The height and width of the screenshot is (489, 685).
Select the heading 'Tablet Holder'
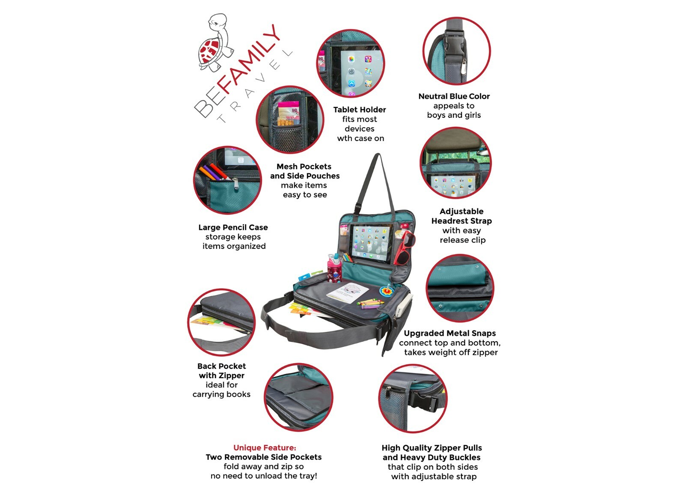click(360, 110)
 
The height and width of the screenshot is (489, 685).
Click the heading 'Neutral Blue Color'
click(454, 96)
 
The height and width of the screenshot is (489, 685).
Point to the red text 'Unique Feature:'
click(265, 447)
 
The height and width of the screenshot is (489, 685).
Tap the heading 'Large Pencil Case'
click(233, 227)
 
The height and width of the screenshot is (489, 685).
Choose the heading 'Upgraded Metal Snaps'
click(450, 333)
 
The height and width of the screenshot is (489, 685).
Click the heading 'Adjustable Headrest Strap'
click(462, 216)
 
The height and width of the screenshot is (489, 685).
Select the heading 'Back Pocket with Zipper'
click(221, 371)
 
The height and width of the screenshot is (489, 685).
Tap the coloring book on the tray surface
click(348, 293)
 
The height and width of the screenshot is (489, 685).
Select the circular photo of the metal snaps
click(460, 288)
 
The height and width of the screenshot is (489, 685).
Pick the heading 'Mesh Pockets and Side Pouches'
click(304, 171)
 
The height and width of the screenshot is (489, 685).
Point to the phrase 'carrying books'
click(221, 394)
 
